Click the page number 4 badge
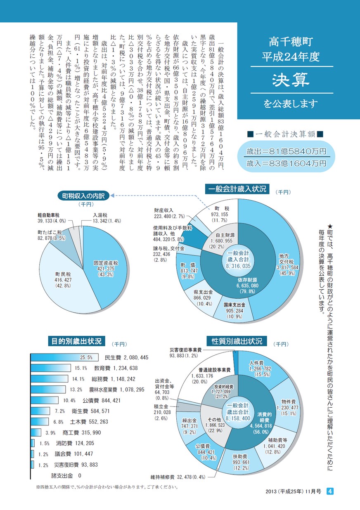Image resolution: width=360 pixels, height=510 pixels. click(330, 491)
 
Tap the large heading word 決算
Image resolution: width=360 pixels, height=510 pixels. click(291, 80)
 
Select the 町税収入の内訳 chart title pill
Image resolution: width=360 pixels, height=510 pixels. click(83, 196)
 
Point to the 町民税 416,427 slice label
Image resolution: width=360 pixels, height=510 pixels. click(63, 280)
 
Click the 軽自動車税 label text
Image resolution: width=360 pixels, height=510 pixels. click(49, 215)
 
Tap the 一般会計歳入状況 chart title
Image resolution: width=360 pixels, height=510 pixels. click(237, 189)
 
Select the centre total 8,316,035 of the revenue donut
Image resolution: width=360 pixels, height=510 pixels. click(238, 266)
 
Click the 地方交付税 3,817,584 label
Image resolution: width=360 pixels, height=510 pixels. click(287, 264)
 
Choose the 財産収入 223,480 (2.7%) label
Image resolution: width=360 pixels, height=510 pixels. click(169, 213)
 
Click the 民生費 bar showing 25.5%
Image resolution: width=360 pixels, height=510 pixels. click(64, 357)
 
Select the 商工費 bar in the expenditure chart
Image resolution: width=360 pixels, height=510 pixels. click(36, 432)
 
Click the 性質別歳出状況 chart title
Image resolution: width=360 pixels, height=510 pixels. click(237, 341)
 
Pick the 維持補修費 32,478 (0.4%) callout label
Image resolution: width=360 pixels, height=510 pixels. click(178, 477)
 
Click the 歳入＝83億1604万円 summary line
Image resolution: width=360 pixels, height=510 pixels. click(287, 163)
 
